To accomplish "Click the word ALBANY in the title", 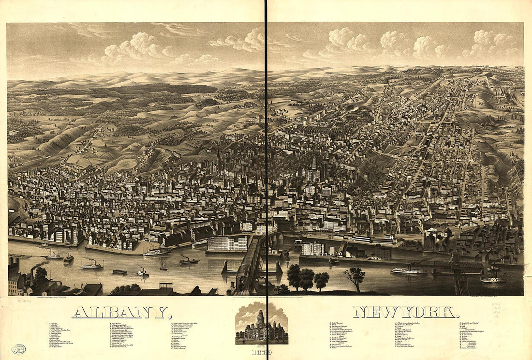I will coord(121,313).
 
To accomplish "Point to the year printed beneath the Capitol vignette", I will coord(262,352).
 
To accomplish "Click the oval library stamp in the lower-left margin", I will coord(19,348).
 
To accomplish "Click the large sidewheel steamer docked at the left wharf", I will coord(157,251).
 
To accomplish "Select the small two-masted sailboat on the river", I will coord(164,266).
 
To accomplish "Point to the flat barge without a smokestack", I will coord(119,271).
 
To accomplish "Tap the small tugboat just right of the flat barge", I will coord(142,272).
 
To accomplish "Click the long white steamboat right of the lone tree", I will coord(409,270).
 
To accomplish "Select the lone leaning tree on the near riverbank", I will coord(355,278).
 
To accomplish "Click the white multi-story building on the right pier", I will coord(312,249).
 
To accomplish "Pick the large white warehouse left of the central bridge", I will coord(227,243).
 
